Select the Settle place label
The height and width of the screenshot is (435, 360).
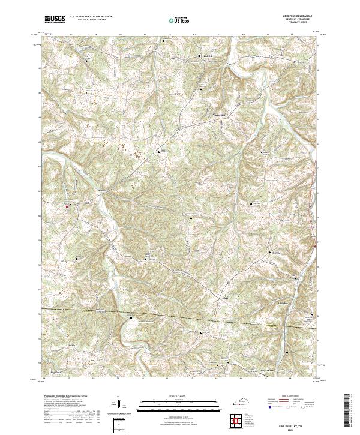coord(73,346)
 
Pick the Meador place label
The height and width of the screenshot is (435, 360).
coord(101,192)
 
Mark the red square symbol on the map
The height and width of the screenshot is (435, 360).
coord(67,205)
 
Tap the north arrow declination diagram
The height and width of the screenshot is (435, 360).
coord(119,406)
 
